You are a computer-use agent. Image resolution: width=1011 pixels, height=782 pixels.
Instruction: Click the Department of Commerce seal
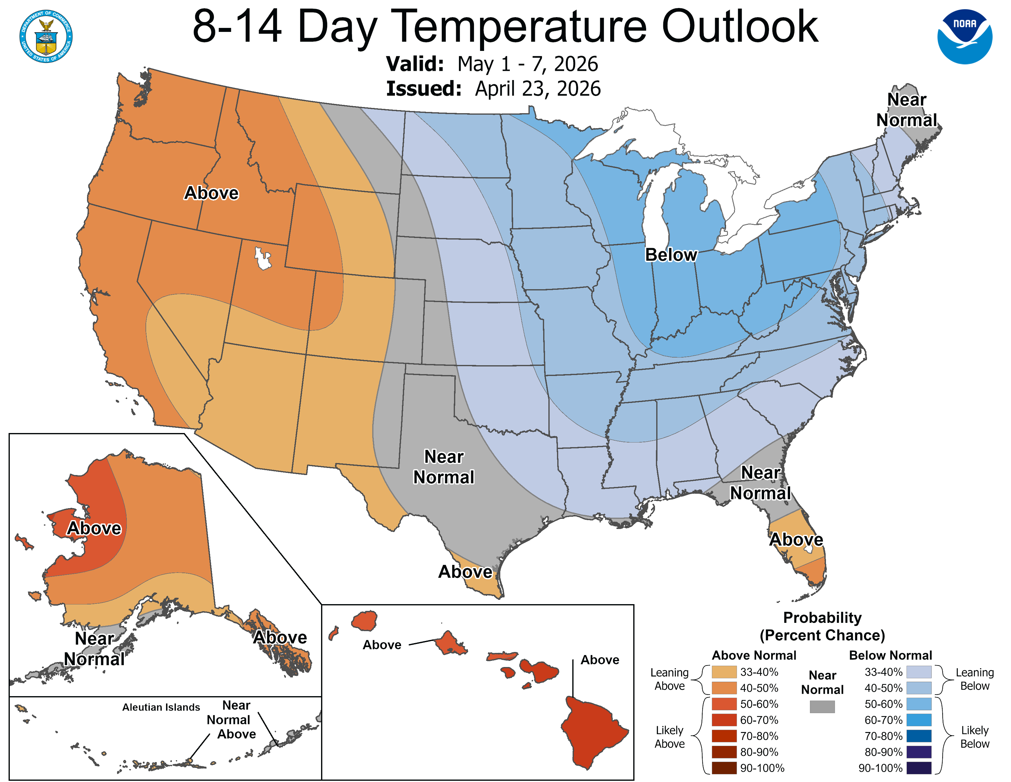click(x=46, y=36)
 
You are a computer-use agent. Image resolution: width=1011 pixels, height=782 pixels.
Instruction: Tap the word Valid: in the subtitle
click(x=415, y=64)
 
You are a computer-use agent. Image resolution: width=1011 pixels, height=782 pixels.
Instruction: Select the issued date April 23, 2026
click(x=537, y=89)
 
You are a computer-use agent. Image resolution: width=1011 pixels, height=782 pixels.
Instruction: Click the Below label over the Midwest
click(x=670, y=255)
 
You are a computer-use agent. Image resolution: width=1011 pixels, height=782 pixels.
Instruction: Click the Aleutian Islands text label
click(x=161, y=707)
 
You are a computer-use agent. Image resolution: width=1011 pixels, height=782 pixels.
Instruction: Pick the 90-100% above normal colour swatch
click(x=724, y=768)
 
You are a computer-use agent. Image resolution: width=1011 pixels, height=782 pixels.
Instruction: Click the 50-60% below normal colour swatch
click(x=918, y=704)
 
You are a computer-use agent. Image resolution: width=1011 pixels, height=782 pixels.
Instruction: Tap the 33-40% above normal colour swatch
click(x=724, y=672)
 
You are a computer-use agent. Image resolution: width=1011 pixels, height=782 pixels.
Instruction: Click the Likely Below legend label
click(x=975, y=737)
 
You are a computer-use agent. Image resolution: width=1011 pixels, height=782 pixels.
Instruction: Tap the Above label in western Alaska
click(x=94, y=528)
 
